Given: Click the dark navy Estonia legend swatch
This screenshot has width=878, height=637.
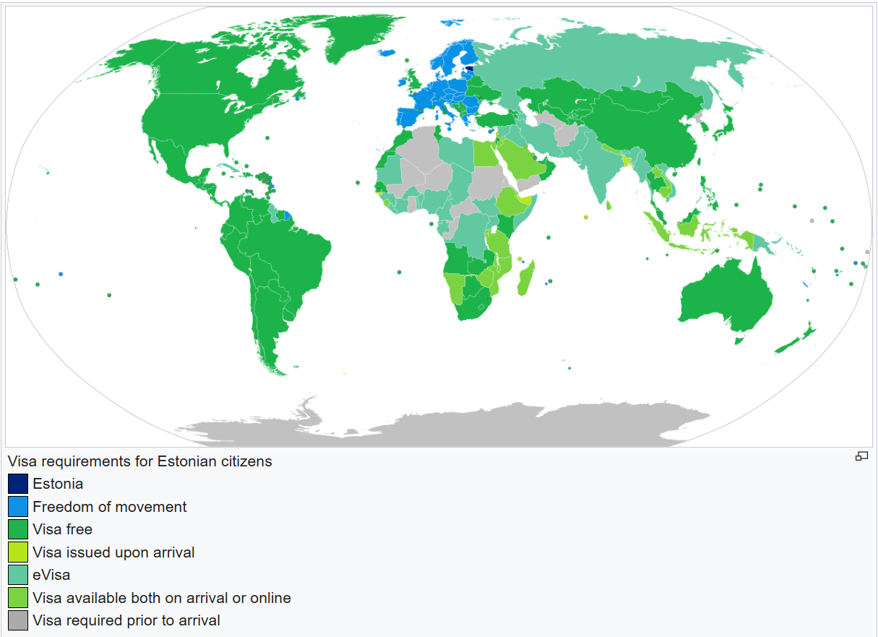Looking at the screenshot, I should tap(18, 484).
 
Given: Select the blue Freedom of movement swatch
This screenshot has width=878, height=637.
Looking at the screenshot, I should tap(18, 507).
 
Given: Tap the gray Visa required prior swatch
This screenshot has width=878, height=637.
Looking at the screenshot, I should tap(18, 620).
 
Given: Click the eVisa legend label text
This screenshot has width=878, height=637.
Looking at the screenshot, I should tap(51, 576).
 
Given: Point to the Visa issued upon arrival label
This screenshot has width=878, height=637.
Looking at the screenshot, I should tap(113, 552).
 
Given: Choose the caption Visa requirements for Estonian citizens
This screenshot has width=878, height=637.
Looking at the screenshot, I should tap(140, 461).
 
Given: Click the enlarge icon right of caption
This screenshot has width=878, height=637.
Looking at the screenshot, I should tap(861, 456).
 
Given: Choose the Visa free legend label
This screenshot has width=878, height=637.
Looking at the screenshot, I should tap(62, 530).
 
